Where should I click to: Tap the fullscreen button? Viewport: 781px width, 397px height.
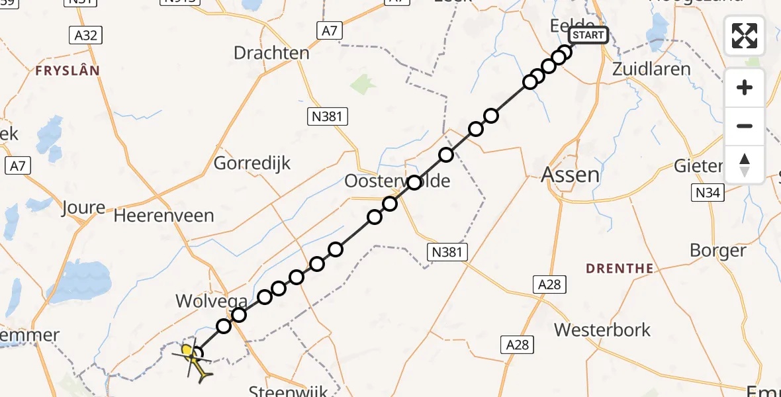click(745, 36)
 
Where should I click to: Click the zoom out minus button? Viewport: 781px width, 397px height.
click(745, 126)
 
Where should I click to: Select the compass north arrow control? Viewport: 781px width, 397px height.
click(745, 165)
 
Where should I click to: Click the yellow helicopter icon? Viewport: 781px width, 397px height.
click(194, 360)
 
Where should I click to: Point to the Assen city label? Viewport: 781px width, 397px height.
click(571, 175)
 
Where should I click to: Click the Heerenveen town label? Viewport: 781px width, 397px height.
click(164, 216)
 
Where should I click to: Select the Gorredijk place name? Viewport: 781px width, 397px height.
click(252, 163)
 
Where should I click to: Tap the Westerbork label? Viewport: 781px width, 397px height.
click(602, 330)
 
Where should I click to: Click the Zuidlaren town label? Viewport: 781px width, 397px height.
click(651, 69)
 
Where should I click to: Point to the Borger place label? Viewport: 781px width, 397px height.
click(717, 250)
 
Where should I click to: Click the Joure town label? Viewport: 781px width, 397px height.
click(83, 208)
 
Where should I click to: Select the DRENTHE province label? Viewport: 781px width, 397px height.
click(620, 269)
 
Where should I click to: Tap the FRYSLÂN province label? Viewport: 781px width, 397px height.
click(68, 70)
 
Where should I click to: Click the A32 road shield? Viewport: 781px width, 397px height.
click(86, 35)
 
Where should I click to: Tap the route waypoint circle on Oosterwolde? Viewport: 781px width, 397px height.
click(414, 183)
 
